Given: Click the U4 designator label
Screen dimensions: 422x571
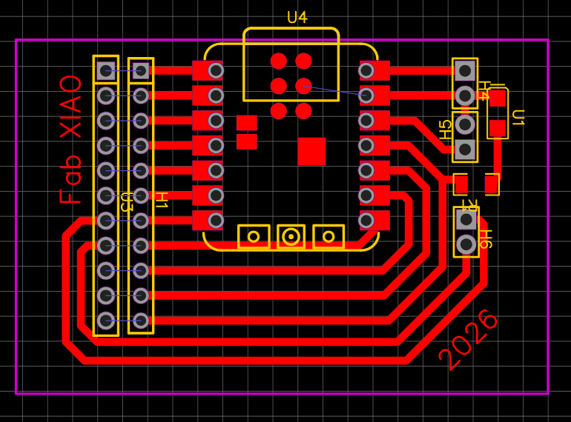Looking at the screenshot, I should pyautogui.click(x=297, y=18).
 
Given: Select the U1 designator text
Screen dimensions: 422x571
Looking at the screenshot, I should pyautogui.click(x=518, y=118).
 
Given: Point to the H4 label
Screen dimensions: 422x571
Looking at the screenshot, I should pyautogui.click(x=483, y=90).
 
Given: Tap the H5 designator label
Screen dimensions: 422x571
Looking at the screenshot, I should pyautogui.click(x=444, y=130).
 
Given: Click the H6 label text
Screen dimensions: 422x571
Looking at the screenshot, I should pyautogui.click(x=484, y=238).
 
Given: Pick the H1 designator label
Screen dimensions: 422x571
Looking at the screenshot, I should pyautogui.click(x=161, y=200).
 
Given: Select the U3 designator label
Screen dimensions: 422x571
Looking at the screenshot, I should pyautogui.click(x=126, y=201).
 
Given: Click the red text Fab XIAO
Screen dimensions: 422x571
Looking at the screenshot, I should pyautogui.click(x=71, y=139).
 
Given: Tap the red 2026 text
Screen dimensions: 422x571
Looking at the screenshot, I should pyautogui.click(x=469, y=339).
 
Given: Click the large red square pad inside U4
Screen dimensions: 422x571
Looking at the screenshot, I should pyautogui.click(x=311, y=151).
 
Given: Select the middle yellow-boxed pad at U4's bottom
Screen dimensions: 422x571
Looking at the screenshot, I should pyautogui.click(x=291, y=236).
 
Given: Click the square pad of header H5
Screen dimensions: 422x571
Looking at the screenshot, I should pyautogui.click(x=465, y=150).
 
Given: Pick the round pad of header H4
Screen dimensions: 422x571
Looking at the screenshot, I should pyautogui.click(x=465, y=96).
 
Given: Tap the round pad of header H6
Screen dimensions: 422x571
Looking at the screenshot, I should pyautogui.click(x=466, y=244).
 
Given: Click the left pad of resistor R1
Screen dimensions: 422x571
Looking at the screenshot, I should pyautogui.click(x=461, y=184).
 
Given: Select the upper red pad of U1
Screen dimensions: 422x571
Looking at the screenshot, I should pyautogui.click(x=498, y=98).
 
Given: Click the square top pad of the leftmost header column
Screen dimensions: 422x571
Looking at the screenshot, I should pyautogui.click(x=106, y=71).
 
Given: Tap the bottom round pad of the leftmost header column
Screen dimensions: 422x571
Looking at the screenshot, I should pyautogui.click(x=106, y=321).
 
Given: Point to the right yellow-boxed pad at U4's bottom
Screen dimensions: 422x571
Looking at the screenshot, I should pyautogui.click(x=329, y=236).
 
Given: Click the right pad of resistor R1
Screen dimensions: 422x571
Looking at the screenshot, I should pyautogui.click(x=491, y=184).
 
